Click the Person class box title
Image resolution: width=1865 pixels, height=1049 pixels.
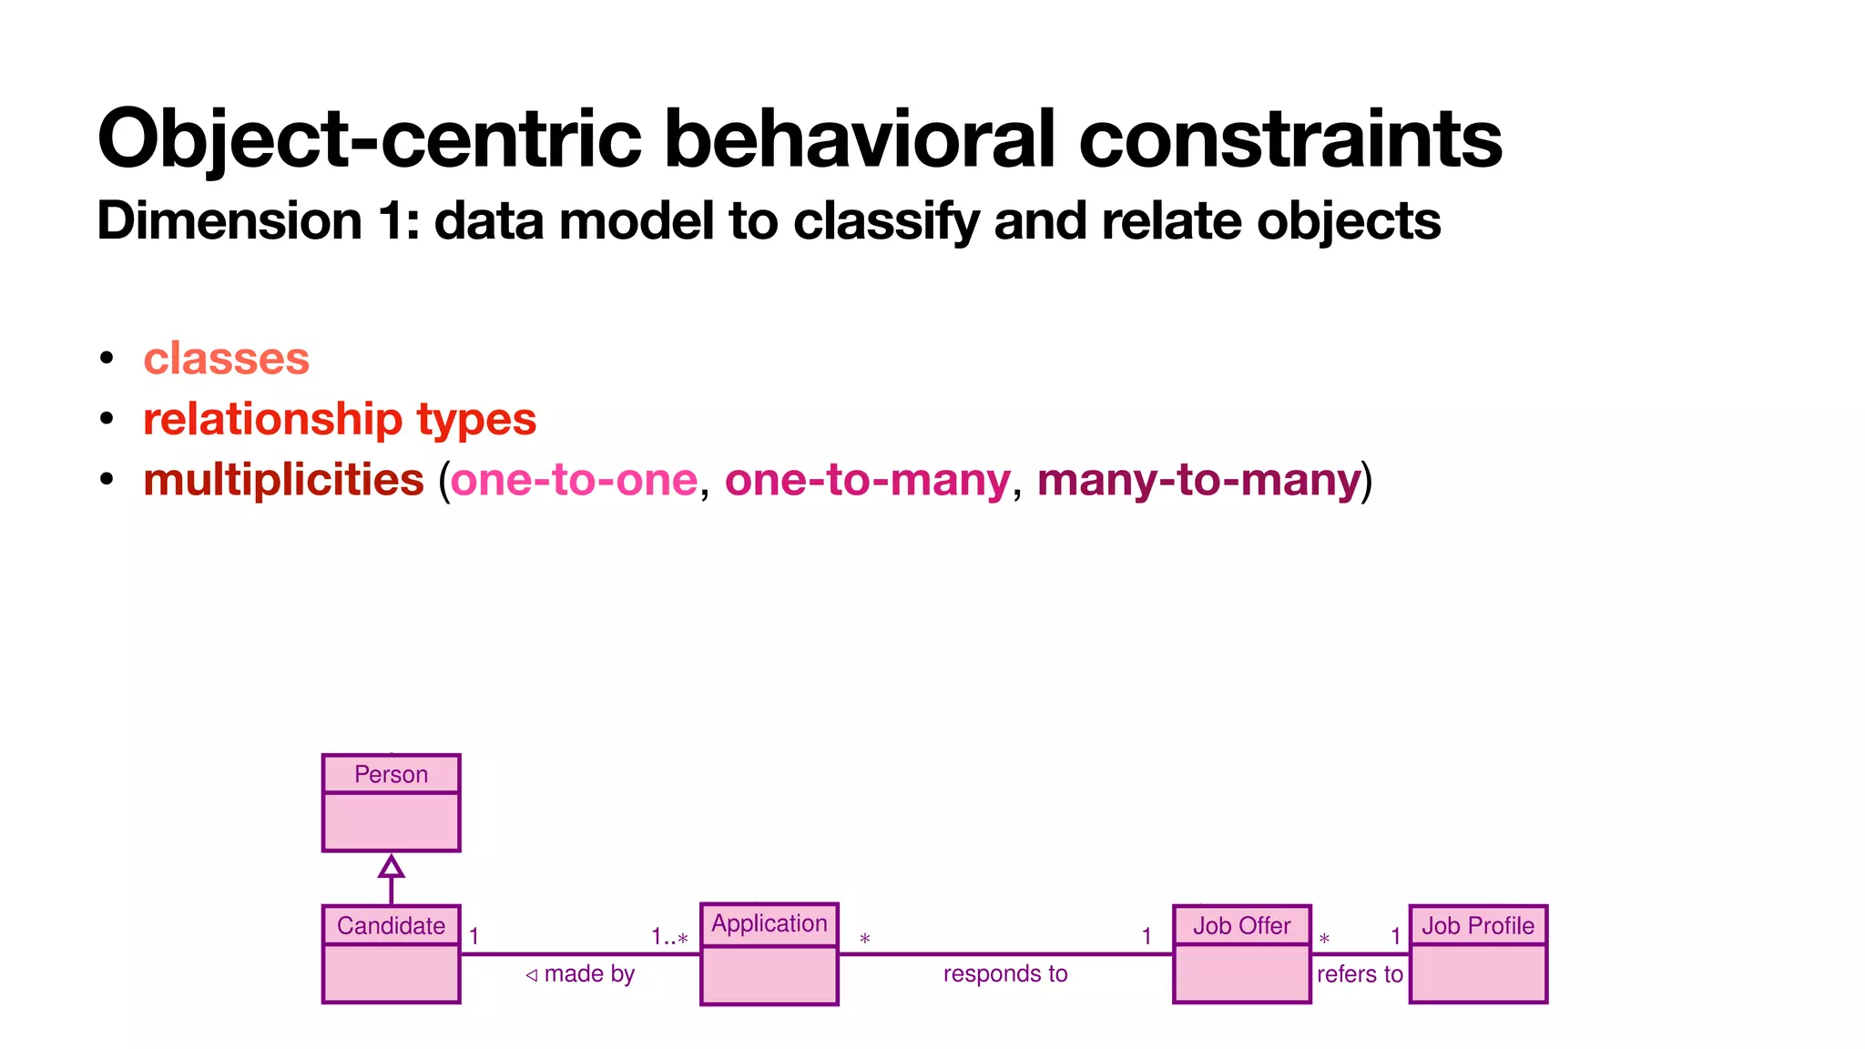391,774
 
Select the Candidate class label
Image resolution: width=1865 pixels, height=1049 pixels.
391,925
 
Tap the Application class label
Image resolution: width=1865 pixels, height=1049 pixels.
769,923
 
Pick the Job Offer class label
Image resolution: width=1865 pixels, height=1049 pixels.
1241,925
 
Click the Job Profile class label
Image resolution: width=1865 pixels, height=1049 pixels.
1477,925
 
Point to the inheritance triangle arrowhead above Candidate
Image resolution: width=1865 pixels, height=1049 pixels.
391,866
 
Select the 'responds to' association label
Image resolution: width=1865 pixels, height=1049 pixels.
1004,973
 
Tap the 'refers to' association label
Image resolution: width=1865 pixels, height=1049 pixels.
1359,973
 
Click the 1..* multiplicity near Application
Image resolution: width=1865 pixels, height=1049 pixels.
669,937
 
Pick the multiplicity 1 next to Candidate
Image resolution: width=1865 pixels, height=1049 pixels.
474,936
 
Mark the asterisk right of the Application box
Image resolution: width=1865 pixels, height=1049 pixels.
864,938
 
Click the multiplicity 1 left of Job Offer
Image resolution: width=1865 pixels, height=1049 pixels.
1147,936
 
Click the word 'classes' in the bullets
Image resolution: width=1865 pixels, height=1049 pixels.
226,358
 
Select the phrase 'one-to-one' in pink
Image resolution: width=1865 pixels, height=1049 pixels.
574,479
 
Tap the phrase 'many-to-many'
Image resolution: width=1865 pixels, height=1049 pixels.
1198,479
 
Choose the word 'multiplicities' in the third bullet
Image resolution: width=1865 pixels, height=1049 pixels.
283,479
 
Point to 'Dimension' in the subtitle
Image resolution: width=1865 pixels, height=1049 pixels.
229,220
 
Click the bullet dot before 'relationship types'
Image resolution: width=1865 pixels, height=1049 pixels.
107,419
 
